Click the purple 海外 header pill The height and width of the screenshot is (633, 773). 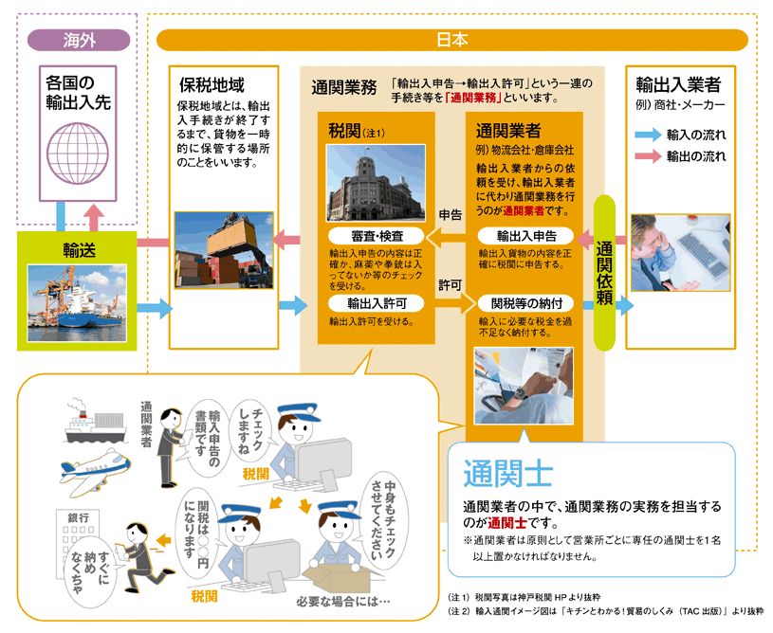pyautogui.click(x=79, y=40)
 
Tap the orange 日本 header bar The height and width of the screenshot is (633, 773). pyautogui.click(x=452, y=40)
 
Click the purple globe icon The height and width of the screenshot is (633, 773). pyautogui.click(x=78, y=154)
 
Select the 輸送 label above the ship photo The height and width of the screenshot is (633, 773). pyautogui.click(x=79, y=250)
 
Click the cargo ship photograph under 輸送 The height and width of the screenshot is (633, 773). pyautogui.click(x=77, y=303)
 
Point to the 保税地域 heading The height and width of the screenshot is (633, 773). pyautogui.click(x=212, y=84)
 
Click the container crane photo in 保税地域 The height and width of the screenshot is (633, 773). pyautogui.click(x=224, y=250)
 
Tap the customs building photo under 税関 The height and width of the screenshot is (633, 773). pyautogui.click(x=376, y=183)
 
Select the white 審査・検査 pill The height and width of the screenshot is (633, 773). pyautogui.click(x=377, y=236)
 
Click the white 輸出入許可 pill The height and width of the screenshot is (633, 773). pyautogui.click(x=377, y=303)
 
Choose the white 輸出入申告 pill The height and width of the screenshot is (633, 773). pyautogui.click(x=526, y=236)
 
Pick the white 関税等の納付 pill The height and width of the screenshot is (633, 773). pyautogui.click(x=526, y=303)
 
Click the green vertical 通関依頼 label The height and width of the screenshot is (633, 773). pyautogui.click(x=604, y=272)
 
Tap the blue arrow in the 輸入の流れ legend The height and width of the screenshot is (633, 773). pyautogui.click(x=648, y=135)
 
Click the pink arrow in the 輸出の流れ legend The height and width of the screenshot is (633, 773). pyautogui.click(x=648, y=156)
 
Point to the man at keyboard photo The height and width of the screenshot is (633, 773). pyautogui.click(x=680, y=253)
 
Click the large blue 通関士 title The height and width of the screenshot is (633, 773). pyautogui.click(x=507, y=474)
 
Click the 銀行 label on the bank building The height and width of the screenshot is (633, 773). pyautogui.click(x=79, y=517)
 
